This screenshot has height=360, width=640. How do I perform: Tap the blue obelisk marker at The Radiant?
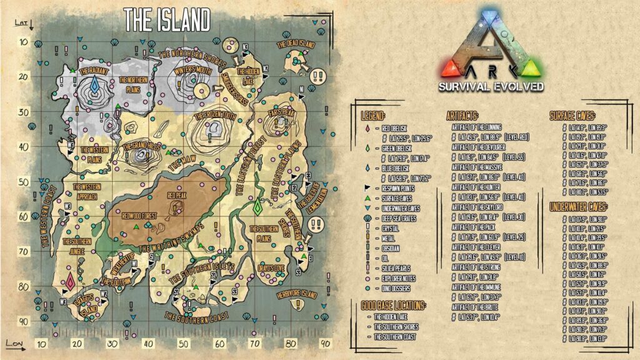point(94,85)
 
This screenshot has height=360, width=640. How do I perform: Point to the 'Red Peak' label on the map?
point(176,195)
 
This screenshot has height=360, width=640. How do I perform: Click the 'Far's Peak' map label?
point(281,113)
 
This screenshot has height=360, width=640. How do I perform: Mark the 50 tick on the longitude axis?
point(183,344)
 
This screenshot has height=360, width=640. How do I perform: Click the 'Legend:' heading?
point(373,116)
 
